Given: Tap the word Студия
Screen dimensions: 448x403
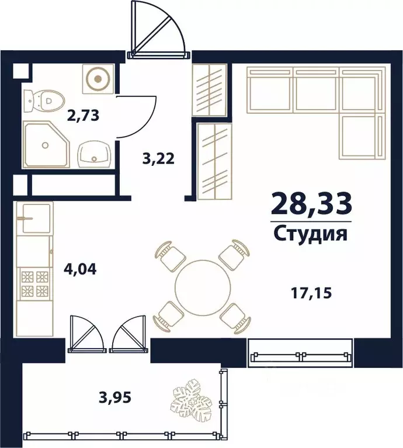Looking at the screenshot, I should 311,234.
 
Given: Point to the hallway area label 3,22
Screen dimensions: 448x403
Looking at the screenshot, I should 159,158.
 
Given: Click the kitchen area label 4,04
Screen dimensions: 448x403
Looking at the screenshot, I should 79,270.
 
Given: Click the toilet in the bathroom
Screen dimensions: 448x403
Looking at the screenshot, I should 41,102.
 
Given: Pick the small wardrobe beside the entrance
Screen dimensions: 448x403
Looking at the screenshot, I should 209,90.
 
